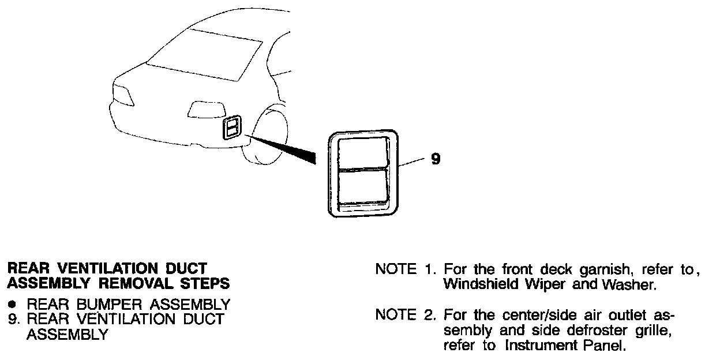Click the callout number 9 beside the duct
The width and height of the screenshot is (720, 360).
[436, 159]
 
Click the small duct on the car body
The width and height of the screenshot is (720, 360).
[231, 127]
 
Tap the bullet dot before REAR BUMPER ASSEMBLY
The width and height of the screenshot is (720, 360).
[13, 303]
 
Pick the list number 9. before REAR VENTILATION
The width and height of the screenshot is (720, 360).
[14, 319]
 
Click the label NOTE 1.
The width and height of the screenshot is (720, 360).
[405, 269]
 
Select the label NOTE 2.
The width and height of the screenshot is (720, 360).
[405, 316]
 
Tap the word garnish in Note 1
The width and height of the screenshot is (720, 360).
[596, 270]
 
